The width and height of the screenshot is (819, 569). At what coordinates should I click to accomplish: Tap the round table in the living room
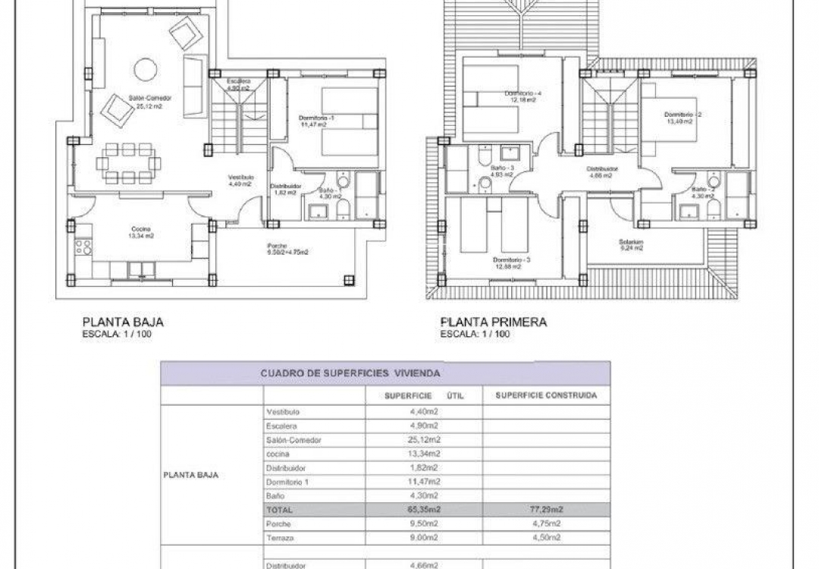pyautogui.click(x=146, y=70)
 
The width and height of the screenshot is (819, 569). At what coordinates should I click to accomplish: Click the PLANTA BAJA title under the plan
pyautogui.click(x=122, y=322)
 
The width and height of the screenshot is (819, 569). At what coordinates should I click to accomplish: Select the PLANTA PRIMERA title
pyautogui.click(x=494, y=322)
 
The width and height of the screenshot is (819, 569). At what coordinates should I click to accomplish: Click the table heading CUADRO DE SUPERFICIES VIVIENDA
pyautogui.click(x=350, y=373)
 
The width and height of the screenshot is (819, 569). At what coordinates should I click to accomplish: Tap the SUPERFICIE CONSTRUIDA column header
pyautogui.click(x=546, y=395)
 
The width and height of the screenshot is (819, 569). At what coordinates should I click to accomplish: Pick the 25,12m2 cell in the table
pyautogui.click(x=424, y=439)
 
